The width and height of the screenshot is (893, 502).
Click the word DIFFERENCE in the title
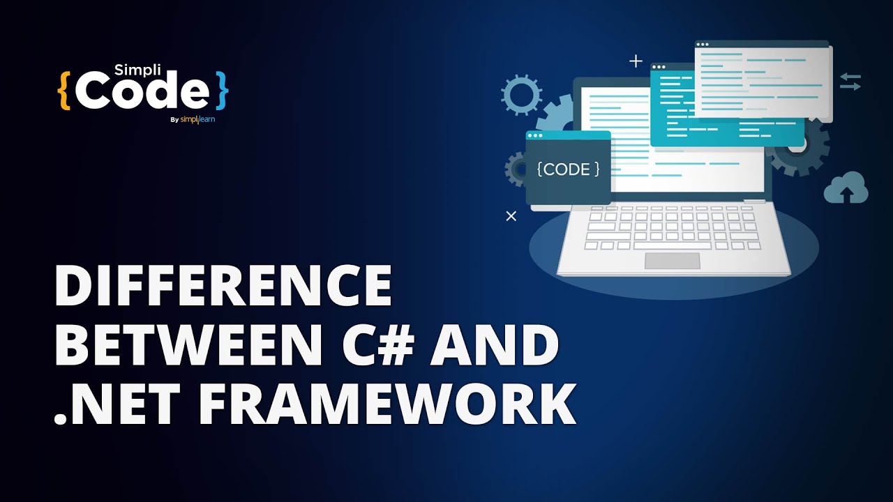tap(223, 288)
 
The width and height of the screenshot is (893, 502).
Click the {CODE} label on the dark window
tap(568, 169)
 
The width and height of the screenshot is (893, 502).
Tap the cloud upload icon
tap(846, 188)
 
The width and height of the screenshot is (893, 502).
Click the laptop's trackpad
tap(672, 261)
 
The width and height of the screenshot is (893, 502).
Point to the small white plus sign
tap(636, 61)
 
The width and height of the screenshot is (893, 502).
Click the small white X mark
tap(511, 216)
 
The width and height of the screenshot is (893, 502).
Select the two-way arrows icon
tap(850, 82)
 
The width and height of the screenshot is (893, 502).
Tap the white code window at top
tap(763, 79)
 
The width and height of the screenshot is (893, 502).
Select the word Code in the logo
tap(142, 92)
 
